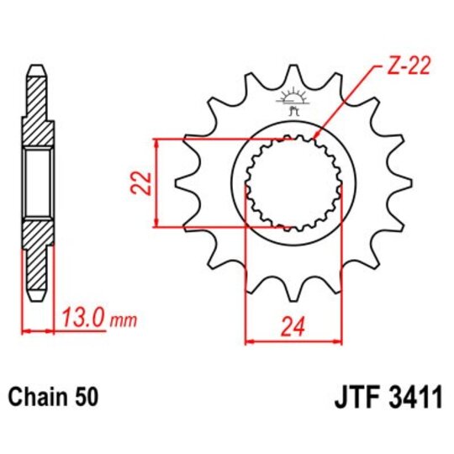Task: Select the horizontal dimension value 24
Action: coord(292,328)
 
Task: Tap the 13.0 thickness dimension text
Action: coord(82,319)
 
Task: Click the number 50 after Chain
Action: coord(87,397)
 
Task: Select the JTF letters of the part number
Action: coord(346,397)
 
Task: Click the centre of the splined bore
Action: coord(293,181)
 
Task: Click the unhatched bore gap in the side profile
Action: coord(37,181)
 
